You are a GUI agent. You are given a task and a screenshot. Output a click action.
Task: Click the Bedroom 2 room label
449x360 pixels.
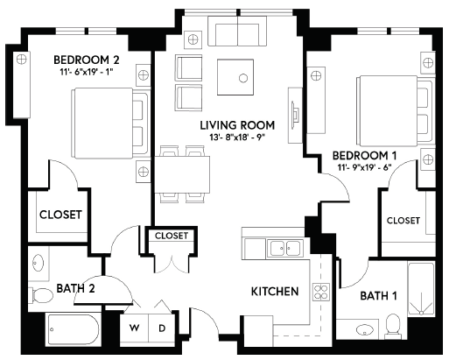pos(87,60)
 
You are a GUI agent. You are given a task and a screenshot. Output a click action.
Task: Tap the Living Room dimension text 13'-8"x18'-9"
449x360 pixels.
pos(236,138)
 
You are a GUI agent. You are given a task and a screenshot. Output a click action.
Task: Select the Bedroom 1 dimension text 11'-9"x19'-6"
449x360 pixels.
pos(364,167)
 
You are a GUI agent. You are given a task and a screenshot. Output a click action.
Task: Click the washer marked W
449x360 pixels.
pos(134,328)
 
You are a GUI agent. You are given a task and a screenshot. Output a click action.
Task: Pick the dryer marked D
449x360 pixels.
pos(162,328)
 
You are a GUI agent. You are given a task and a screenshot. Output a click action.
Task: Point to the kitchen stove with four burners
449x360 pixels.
pos(321,292)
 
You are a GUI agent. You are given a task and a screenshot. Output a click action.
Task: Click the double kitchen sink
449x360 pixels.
pos(285,249)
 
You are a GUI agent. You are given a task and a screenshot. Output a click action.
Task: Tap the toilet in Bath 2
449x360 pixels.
pos(41,295)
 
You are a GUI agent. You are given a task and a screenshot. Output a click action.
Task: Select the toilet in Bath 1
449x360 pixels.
pos(393,326)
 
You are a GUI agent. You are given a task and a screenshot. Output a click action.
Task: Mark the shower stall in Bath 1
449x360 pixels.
pos(421,290)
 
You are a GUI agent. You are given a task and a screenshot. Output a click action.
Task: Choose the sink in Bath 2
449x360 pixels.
pos(38,263)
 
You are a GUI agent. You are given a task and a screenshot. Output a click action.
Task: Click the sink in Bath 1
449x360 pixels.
pos(364,330)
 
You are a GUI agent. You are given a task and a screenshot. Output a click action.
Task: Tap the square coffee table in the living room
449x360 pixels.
pos(235,77)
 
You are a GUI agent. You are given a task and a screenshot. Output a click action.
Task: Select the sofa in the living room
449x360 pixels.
pos(237,31)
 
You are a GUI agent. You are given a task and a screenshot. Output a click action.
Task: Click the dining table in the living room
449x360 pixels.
pos(182,174)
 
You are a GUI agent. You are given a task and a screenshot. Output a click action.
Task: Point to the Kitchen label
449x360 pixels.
pos(275,292)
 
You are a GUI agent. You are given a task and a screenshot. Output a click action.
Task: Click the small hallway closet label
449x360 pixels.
pos(172,236)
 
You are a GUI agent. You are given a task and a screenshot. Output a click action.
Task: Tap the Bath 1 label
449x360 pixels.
pos(378,296)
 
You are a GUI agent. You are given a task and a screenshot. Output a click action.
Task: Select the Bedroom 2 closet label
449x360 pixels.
pos(60,215)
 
